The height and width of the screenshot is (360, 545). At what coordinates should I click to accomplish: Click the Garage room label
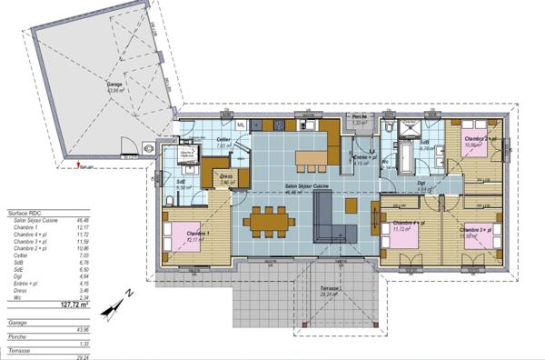click(x=115, y=85)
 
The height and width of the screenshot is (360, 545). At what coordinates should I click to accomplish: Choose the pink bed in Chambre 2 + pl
click(x=472, y=145)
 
